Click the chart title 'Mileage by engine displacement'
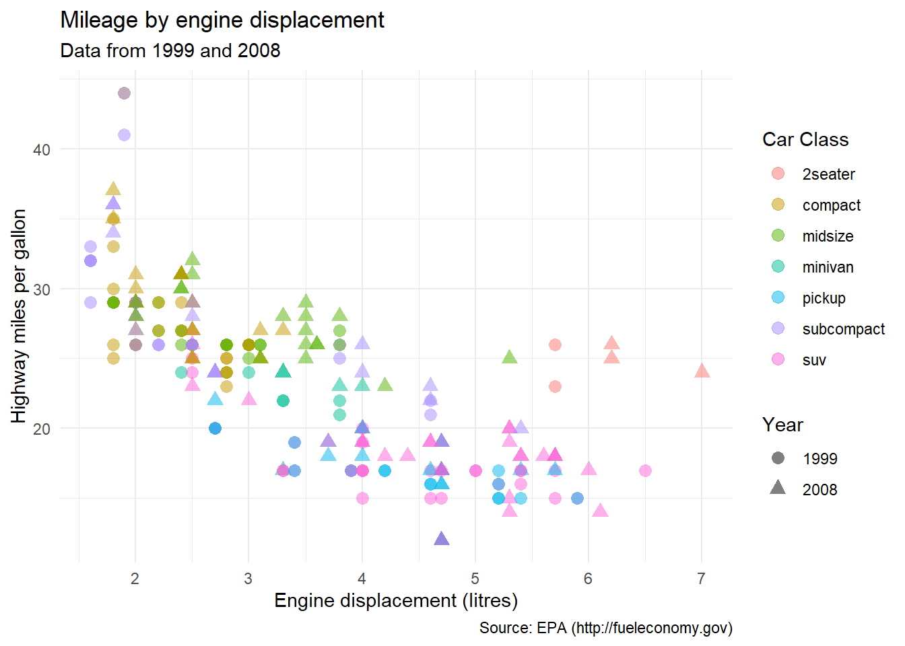pyautogui.click(x=222, y=20)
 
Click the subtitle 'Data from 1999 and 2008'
pyautogui.click(x=170, y=51)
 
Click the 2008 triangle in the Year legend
pyautogui.click(x=778, y=488)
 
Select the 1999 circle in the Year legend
pyautogui.click(x=778, y=458)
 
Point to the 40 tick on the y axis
pyautogui.click(x=42, y=149)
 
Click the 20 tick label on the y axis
pyautogui.click(x=42, y=429)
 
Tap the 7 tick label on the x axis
pyautogui.click(x=702, y=579)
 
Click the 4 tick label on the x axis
pyautogui.click(x=362, y=579)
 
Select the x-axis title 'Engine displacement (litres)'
pyautogui.click(x=396, y=600)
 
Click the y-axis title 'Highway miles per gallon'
pyautogui.click(x=19, y=316)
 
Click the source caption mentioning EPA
pyautogui.click(x=605, y=628)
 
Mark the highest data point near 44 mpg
pyautogui.click(x=124, y=93)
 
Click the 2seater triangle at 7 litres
pyautogui.click(x=702, y=371)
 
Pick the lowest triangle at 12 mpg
pyautogui.click(x=442, y=538)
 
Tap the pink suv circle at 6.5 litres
pyautogui.click(x=645, y=470)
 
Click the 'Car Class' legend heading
pyautogui.click(x=805, y=139)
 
